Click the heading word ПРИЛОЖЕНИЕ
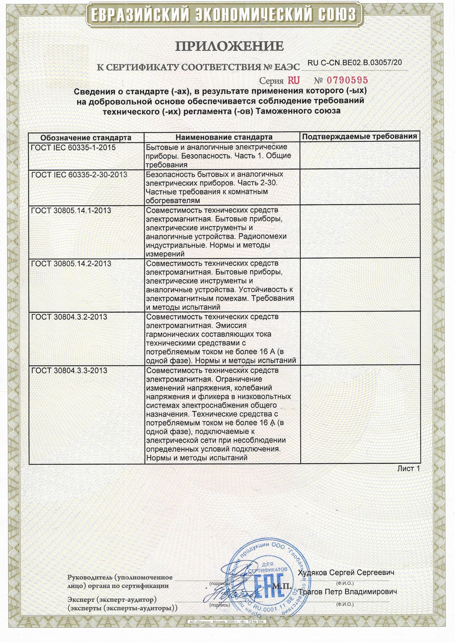pos(229,46)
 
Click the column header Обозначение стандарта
pos(86,137)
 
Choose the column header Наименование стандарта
pos(224,137)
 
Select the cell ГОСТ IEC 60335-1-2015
pos(74,147)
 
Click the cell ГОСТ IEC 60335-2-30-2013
pos(79,174)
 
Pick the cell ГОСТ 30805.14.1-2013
pos(71,210)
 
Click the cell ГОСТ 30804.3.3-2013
pos(69,370)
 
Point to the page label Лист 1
pos(408,469)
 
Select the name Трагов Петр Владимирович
pos(348,592)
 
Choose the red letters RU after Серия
pos(293,80)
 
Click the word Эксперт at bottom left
pos(81,600)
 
